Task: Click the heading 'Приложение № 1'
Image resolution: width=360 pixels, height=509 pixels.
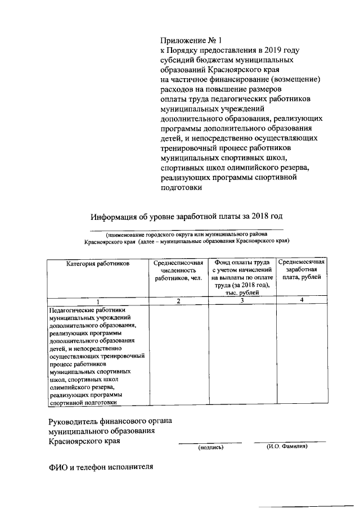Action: pyautogui.click(x=191, y=40)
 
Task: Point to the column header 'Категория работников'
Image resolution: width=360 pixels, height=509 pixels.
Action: pyautogui.click(x=98, y=263)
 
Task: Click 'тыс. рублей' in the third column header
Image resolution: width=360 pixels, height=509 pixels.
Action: pyautogui.click(x=242, y=292)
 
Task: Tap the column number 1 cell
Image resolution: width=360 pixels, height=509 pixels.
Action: pyautogui.click(x=98, y=301)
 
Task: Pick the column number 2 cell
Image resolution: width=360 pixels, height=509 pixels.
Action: pyautogui.click(x=178, y=301)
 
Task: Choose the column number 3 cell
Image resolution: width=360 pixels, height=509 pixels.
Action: pyautogui.click(x=242, y=301)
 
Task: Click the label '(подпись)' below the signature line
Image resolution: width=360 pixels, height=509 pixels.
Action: pyautogui.click(x=210, y=448)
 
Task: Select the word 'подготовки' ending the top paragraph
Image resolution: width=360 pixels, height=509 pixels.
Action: pyautogui.click(x=180, y=188)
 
